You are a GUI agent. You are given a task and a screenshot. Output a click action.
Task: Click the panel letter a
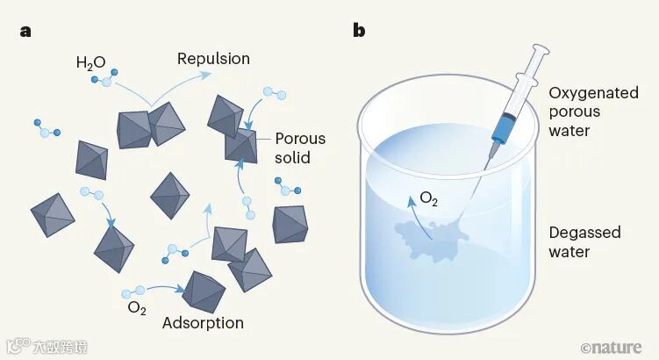(27, 31)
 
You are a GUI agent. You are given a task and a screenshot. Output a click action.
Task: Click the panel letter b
(359, 31)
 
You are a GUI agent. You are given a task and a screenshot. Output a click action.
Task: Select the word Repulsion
(213, 59)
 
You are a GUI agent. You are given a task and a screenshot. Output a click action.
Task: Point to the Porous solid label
(299, 148)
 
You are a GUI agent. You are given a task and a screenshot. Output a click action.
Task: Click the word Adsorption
(203, 323)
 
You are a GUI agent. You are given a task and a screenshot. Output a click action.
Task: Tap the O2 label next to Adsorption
(137, 307)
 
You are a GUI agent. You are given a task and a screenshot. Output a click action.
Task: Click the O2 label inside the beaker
(429, 199)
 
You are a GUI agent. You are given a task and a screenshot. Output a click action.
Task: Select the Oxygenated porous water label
(593, 112)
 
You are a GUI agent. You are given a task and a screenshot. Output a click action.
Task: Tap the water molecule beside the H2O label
(103, 82)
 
